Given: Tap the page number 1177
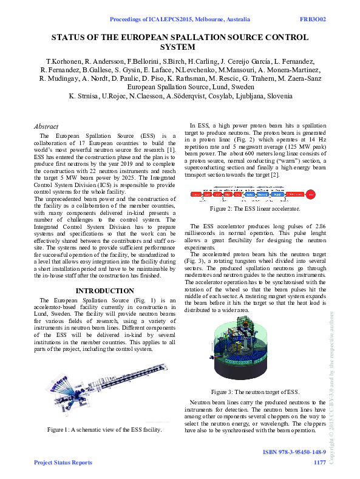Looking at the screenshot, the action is coord(319,463).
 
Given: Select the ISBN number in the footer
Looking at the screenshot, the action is coord(294,453).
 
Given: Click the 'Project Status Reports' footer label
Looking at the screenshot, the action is coord(63,463).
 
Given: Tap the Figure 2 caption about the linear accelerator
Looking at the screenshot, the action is coord(254,209).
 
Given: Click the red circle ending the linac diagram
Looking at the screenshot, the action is coord(310,194).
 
